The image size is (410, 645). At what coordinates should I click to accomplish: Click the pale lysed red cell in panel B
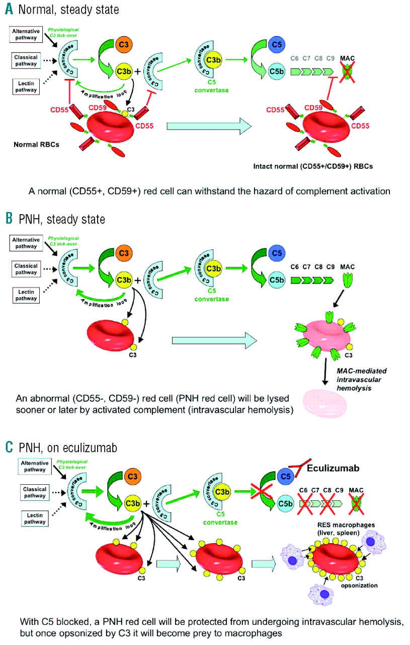pos(324,400)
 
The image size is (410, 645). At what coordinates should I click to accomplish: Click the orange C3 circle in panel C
pos(125,475)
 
